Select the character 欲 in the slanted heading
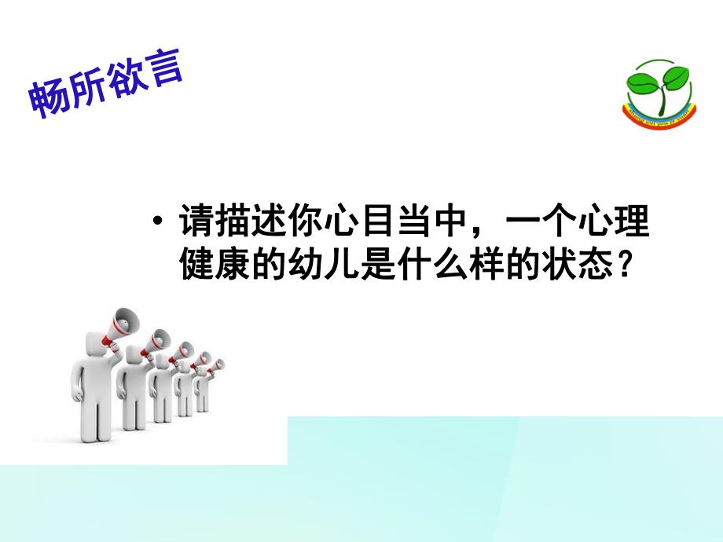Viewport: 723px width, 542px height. [126, 79]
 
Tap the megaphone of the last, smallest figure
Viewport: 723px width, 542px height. [216, 364]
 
